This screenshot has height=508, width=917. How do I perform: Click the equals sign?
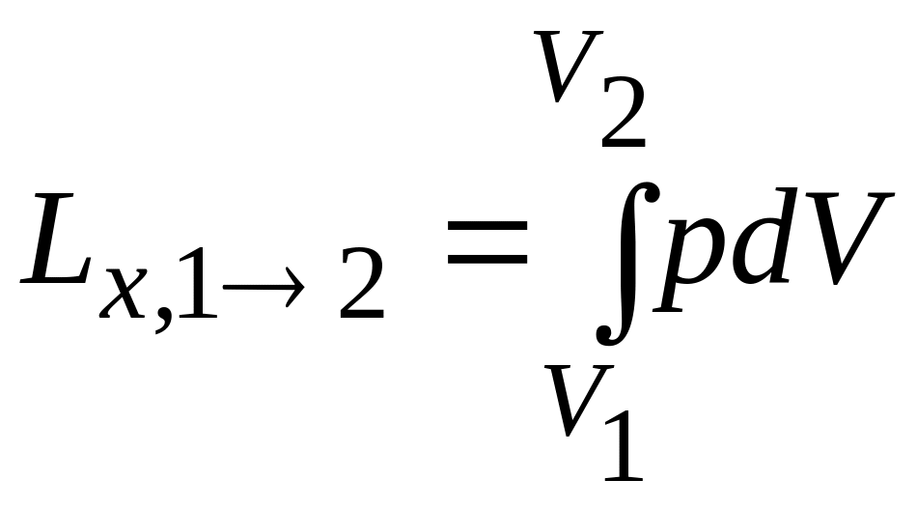486,241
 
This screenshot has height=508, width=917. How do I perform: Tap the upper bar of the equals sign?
486,224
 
